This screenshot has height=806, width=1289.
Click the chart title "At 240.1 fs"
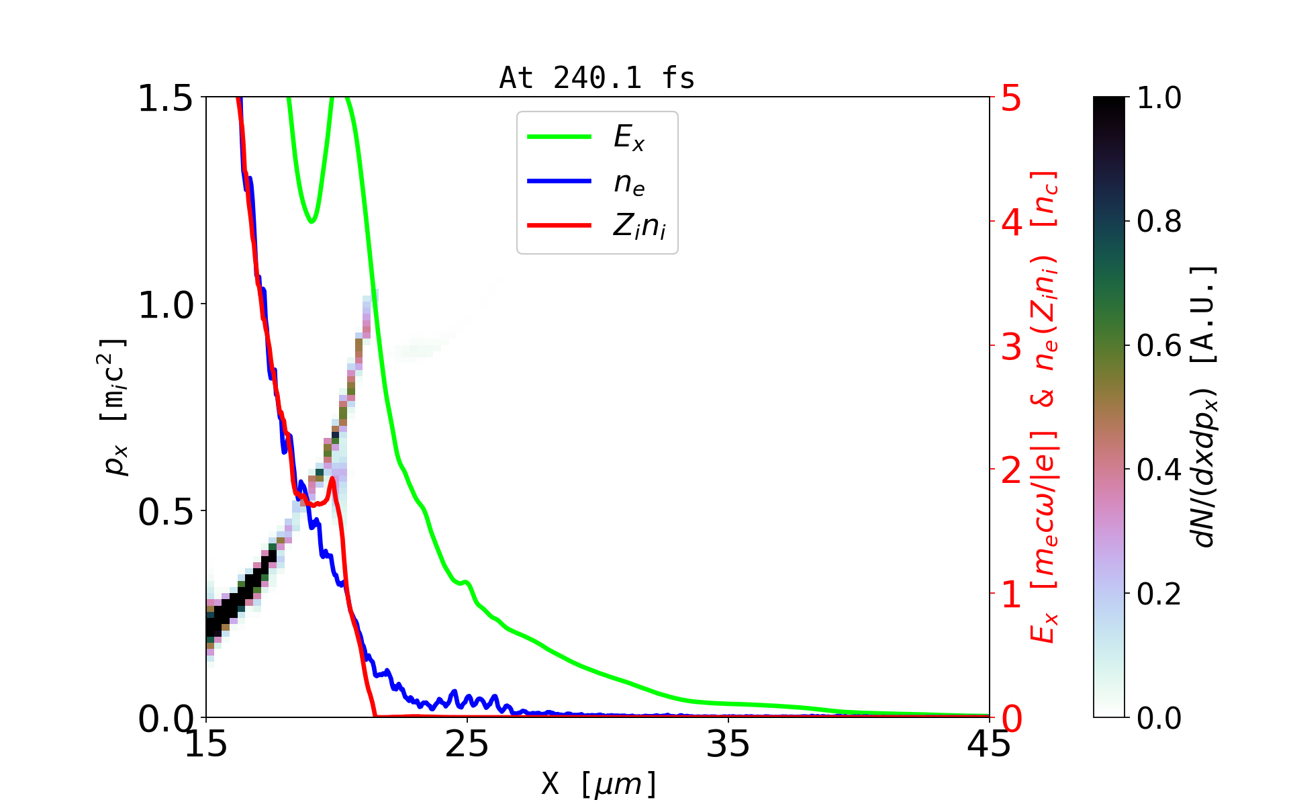(x=597, y=79)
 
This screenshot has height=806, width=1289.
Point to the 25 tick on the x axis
(x=467, y=744)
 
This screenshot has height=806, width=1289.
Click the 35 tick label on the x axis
(x=728, y=744)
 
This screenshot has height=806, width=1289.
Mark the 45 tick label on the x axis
(x=989, y=744)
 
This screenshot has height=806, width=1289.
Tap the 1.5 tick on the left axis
(x=165, y=99)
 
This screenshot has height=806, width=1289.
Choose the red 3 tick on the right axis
(x=1012, y=347)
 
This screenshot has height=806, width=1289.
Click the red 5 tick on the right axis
(x=1012, y=99)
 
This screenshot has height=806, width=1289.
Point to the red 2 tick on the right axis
(x=1012, y=470)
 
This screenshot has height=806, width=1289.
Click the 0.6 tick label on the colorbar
(x=1159, y=346)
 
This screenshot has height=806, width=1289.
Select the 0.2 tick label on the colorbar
(x=1159, y=594)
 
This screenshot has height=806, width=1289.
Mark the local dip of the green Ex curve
(x=312, y=221)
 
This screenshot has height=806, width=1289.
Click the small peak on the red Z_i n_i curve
(x=332, y=478)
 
